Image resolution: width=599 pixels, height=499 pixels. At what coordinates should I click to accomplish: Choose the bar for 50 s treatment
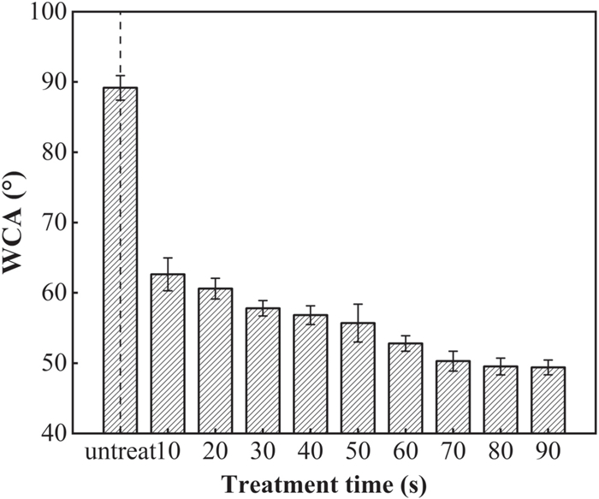358,377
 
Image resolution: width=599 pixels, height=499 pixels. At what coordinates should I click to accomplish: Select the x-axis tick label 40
310,452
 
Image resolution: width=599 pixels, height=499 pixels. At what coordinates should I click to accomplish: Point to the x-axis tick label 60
405,452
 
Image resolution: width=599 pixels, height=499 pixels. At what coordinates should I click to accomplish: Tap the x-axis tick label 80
500,452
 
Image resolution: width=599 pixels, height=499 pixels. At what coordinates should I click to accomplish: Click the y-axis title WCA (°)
15,223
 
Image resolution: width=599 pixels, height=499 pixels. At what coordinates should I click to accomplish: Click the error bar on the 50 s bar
358,323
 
